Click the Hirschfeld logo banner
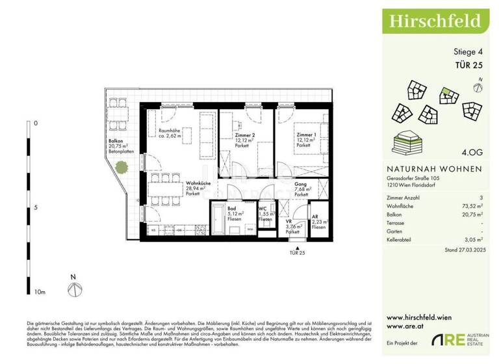[435, 20]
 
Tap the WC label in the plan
[264, 209]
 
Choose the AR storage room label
[315, 219]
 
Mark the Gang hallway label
[300, 185]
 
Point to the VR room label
[289, 221]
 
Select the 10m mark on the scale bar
[40, 293]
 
